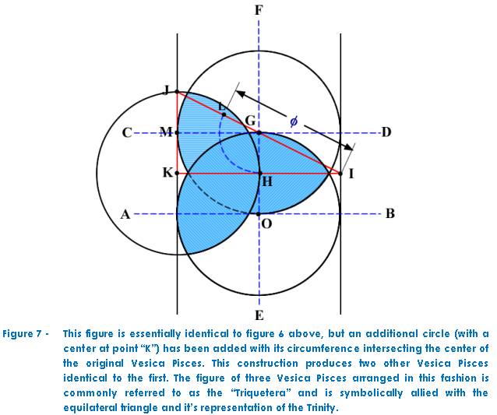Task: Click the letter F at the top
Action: [259, 10]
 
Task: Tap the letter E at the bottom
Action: [259, 315]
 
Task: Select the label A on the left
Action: [125, 214]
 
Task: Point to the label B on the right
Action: [390, 214]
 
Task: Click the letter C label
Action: [127, 132]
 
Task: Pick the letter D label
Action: [386, 132]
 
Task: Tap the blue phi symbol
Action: [294, 121]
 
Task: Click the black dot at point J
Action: [177, 92]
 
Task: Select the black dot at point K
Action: [177, 174]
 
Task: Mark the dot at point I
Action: [340, 174]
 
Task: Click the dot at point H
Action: [260, 174]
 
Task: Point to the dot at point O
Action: [259, 214]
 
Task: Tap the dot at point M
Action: [177, 132]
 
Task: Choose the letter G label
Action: [250, 121]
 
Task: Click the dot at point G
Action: [259, 132]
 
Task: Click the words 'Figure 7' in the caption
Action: [22, 334]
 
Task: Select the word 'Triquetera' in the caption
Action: [261, 393]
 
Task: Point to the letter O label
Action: [267, 224]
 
